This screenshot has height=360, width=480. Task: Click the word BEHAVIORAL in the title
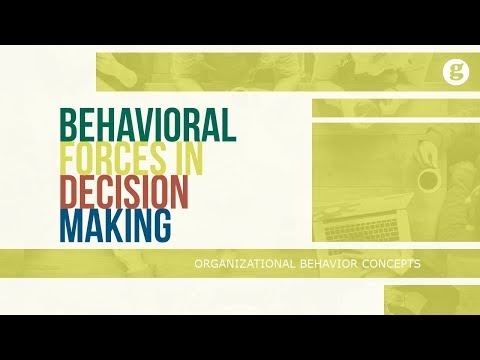coord(147,124)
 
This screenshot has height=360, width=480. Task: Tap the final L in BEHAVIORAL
coord(228,124)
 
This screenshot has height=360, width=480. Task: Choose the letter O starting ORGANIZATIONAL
coord(199,264)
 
